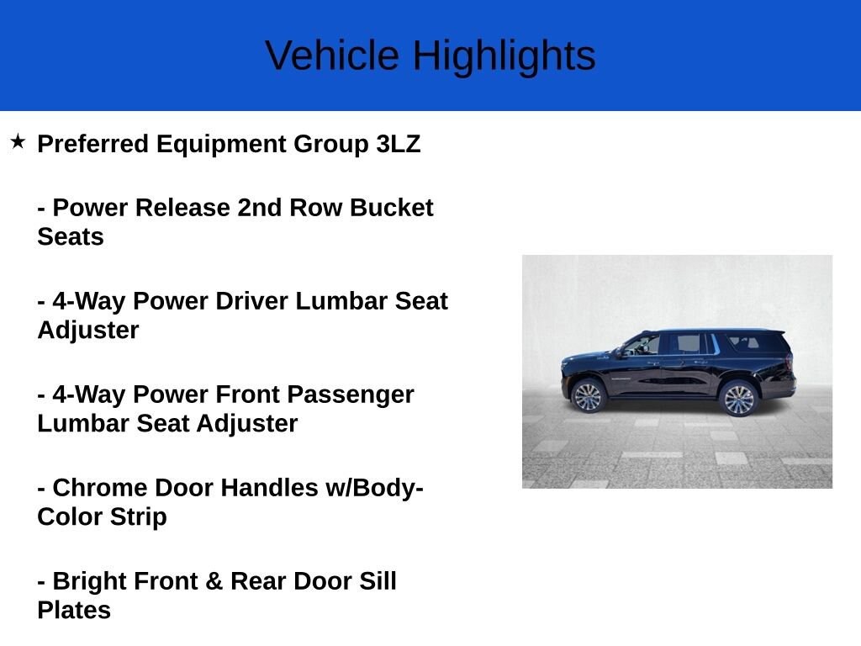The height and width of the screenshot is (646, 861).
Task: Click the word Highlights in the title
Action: (x=504, y=56)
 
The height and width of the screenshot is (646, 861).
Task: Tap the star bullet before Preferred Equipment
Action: (x=18, y=141)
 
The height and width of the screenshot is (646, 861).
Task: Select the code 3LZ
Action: (x=399, y=144)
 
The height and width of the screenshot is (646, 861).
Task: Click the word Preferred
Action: (x=92, y=144)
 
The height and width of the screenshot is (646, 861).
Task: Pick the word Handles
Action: (x=268, y=488)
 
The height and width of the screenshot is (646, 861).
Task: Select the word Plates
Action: (x=74, y=610)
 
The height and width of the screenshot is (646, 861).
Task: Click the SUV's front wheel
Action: (x=589, y=395)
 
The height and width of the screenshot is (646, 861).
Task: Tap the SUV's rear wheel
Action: (x=739, y=398)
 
